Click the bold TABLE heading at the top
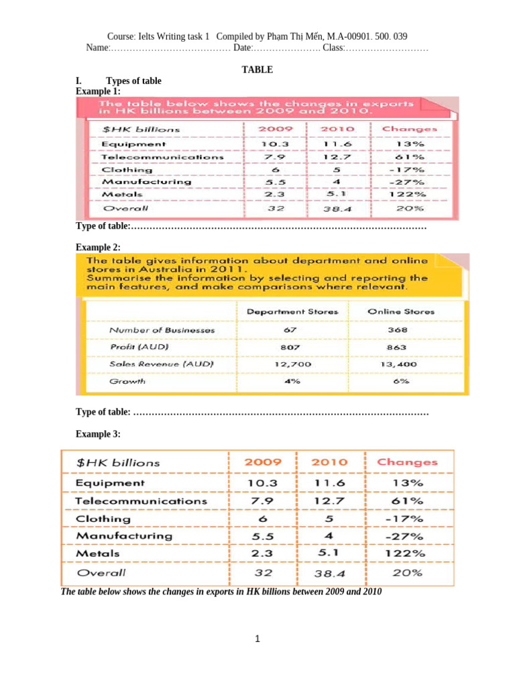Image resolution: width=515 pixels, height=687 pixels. [257, 69]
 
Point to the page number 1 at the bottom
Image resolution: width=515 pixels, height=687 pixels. [257, 639]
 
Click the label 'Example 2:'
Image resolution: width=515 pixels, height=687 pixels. [98, 248]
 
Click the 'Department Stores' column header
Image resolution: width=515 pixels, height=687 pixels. [292, 311]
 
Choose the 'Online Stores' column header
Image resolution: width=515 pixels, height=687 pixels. [401, 311]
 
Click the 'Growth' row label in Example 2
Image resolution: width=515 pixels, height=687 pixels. [127, 381]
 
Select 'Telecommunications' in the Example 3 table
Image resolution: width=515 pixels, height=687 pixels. [141, 501]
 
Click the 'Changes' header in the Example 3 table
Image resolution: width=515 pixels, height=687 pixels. [407, 462]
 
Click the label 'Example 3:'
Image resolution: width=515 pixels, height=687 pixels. [98, 434]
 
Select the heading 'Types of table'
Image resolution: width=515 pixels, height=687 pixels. [133, 81]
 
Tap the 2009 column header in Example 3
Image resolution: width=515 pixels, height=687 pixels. [263, 462]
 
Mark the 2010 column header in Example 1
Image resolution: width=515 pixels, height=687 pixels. [337, 129]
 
